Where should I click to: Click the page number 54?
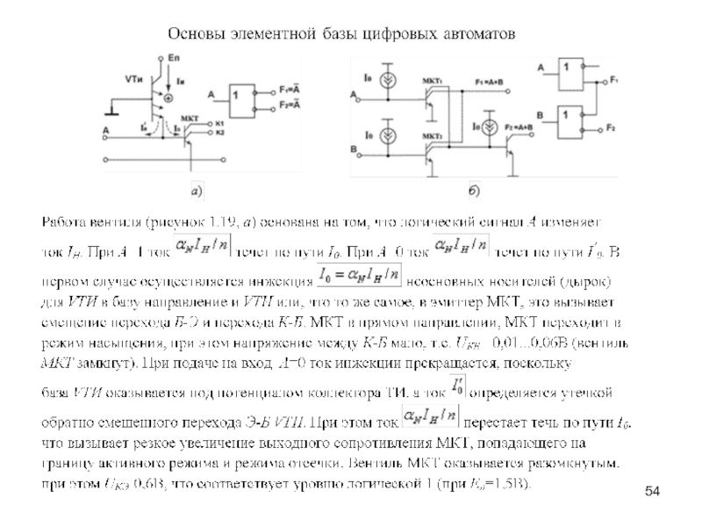[652, 489]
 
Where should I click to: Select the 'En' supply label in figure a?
[173, 58]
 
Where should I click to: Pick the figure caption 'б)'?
[474, 189]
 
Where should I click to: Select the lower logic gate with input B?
[571, 114]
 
